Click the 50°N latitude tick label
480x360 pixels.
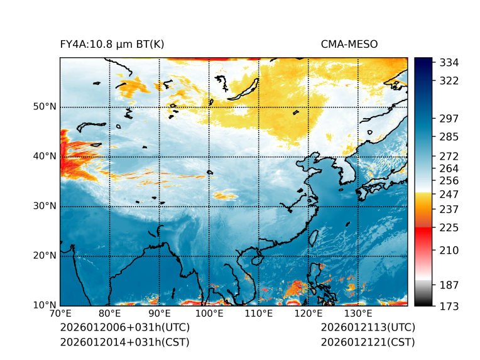pyautogui.click(x=45, y=107)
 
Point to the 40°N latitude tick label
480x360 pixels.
pyautogui.click(x=45, y=156)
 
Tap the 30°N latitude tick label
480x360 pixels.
pyautogui.click(x=45, y=206)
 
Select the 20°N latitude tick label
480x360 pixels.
pyautogui.click(x=45, y=256)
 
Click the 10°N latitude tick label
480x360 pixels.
pyautogui.click(x=45, y=305)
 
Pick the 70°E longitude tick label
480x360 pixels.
pyautogui.click(x=60, y=314)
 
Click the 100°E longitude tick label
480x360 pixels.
pyautogui.click(x=209, y=314)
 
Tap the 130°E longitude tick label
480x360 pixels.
pyautogui.click(x=358, y=314)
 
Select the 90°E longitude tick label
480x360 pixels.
pyautogui.click(x=160, y=314)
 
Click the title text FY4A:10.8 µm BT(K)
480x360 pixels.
pyautogui.click(x=112, y=44)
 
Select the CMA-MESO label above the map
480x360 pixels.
pyautogui.click(x=349, y=44)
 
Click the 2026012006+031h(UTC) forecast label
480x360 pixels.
pyautogui.click(x=124, y=327)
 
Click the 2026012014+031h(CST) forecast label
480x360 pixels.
pyautogui.click(x=124, y=342)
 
